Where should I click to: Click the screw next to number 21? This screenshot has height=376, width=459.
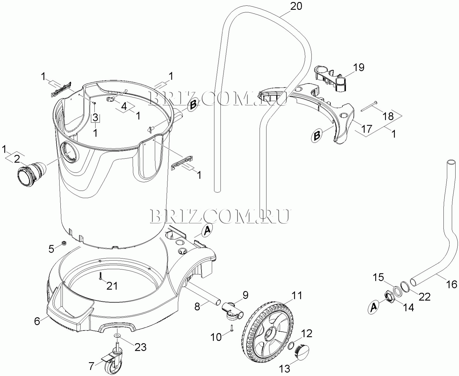(x=100, y=276)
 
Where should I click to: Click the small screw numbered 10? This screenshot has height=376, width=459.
(x=231, y=328)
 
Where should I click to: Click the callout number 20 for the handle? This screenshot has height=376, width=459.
(x=296, y=6)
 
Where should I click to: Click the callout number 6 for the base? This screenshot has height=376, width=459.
(x=37, y=321)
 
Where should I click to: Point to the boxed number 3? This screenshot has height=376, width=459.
(x=95, y=117)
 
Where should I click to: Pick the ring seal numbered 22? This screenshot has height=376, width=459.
(x=405, y=287)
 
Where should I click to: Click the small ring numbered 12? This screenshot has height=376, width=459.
(x=291, y=346)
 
